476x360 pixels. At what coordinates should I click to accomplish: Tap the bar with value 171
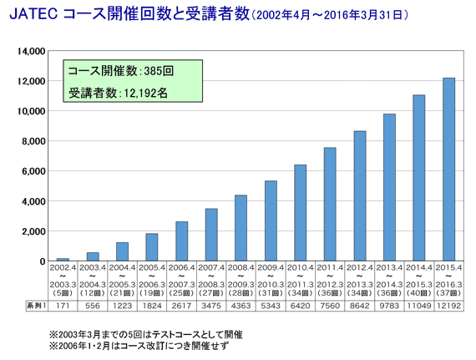pyautogui.click(x=63, y=260)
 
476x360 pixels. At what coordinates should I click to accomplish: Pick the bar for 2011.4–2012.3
pyautogui.click(x=330, y=205)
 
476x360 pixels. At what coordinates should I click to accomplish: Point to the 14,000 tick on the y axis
pyautogui.click(x=29, y=51)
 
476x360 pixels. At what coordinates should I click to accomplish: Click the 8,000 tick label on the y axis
pyautogui.click(x=32, y=141)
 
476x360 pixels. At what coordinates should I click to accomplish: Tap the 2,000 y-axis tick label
pyautogui.click(x=32, y=231)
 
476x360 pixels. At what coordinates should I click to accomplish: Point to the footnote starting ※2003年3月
pyautogui.click(x=146, y=333)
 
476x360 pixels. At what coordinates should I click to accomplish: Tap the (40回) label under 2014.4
pyautogui.click(x=418, y=293)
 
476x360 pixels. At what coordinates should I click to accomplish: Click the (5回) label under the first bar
pyautogui.click(x=63, y=293)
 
